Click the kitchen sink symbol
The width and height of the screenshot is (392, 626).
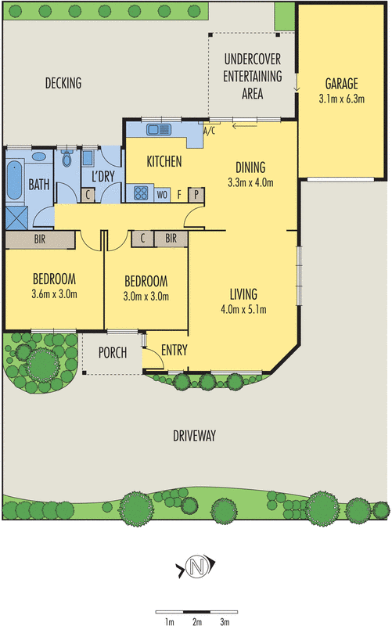(x=159, y=129)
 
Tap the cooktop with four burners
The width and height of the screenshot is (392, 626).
(x=141, y=193)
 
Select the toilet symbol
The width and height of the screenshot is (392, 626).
(x=67, y=159)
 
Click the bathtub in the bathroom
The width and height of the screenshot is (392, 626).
(x=14, y=181)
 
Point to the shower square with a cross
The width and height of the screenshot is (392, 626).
(x=16, y=218)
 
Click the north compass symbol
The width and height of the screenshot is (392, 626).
(x=196, y=567)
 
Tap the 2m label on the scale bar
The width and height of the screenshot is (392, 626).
(x=197, y=621)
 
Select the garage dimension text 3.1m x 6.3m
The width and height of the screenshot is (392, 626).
(x=342, y=99)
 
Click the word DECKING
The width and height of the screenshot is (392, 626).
(x=63, y=83)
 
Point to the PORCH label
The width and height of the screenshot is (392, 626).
(x=113, y=353)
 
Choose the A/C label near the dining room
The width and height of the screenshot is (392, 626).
(x=209, y=131)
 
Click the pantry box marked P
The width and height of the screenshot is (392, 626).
(x=196, y=195)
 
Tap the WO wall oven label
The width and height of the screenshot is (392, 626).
(x=162, y=195)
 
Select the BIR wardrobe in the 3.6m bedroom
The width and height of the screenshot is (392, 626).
(x=40, y=239)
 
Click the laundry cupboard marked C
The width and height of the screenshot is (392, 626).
(x=88, y=195)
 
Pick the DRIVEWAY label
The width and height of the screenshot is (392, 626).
(x=194, y=436)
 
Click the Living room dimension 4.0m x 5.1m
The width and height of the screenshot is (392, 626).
(x=243, y=309)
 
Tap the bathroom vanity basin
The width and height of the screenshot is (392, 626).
(x=38, y=156)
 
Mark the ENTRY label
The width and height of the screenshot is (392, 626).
(x=174, y=350)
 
